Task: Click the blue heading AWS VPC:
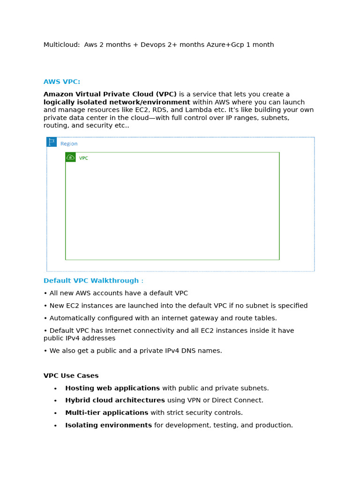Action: [62, 82]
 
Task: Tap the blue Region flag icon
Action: [52, 142]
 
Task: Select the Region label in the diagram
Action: [69, 144]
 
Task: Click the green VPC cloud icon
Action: [70, 157]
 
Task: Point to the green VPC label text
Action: [83, 158]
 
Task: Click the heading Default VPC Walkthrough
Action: [91, 281]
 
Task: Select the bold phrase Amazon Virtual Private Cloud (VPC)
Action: [110, 95]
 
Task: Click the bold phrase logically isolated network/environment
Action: [117, 102]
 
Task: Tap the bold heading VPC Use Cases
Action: [71, 376]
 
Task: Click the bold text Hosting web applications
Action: [112, 388]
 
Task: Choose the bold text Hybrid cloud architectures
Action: [115, 400]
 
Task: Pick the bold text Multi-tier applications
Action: [106, 413]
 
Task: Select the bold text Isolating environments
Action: [108, 425]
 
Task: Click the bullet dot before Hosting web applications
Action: [55, 389]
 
